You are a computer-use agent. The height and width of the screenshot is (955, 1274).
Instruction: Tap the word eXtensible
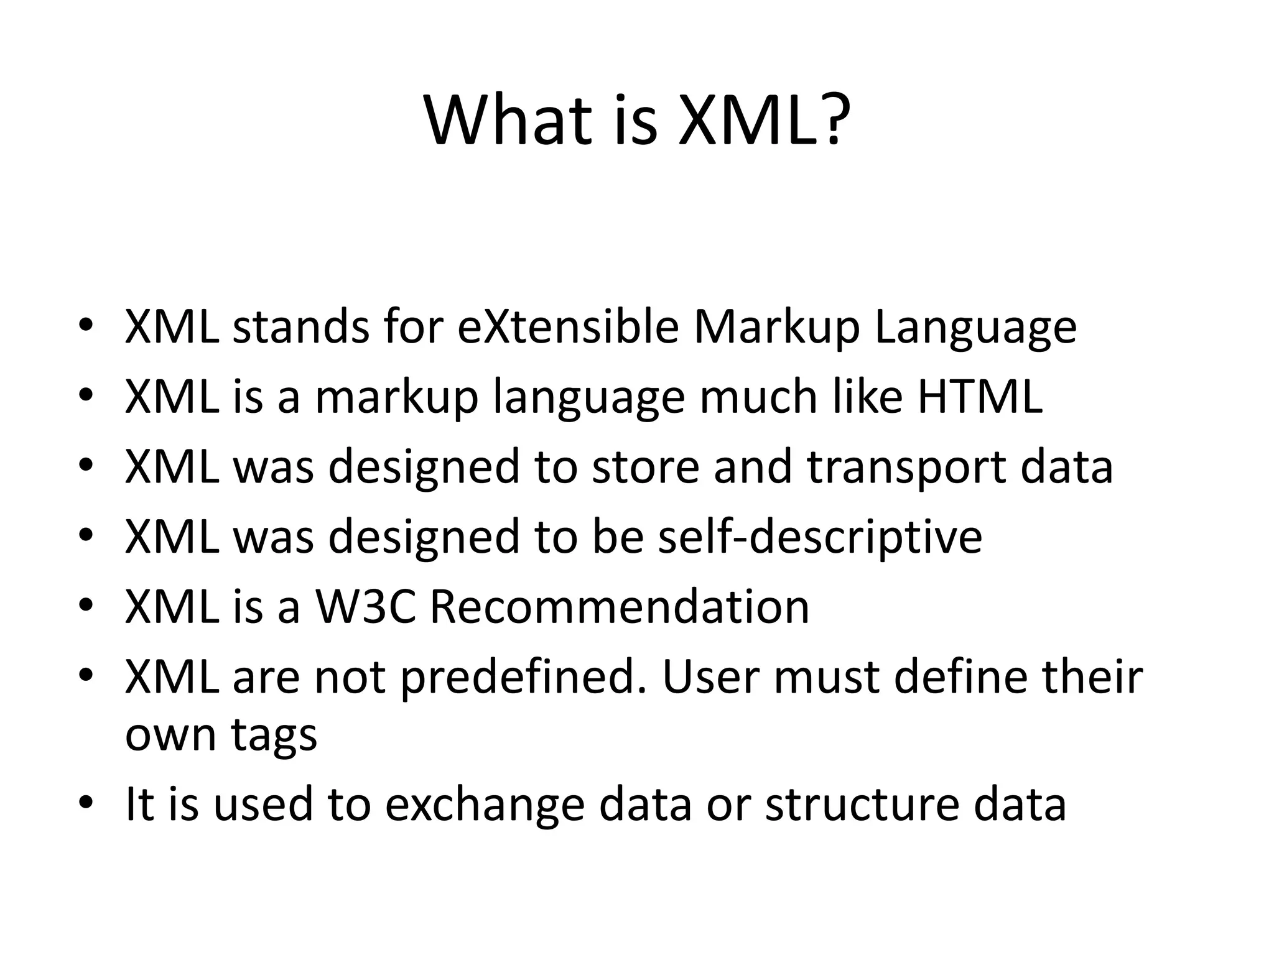(567, 327)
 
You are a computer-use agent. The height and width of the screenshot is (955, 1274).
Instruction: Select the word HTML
(980, 397)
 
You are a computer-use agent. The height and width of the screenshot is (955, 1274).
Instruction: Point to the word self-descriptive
(820, 537)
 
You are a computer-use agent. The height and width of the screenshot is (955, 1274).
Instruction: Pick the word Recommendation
(620, 607)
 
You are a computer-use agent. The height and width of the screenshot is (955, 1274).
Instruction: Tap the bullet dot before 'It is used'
(86, 801)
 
